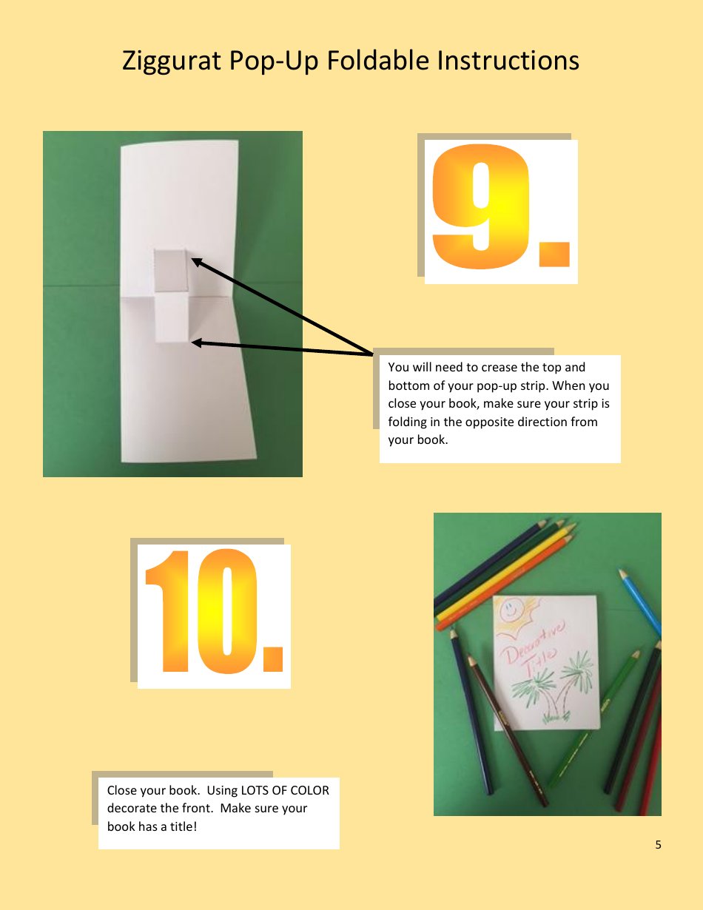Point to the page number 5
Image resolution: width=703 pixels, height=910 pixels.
coord(658,845)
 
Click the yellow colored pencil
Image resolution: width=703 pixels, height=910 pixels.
coord(511,573)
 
